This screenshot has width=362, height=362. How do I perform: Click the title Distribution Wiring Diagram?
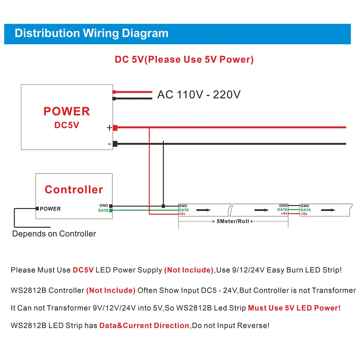click(x=91, y=33)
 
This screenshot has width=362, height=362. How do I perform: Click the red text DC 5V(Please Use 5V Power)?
click(x=184, y=60)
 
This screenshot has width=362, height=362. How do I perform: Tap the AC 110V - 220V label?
click(x=199, y=95)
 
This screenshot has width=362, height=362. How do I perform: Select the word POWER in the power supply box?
click(x=67, y=111)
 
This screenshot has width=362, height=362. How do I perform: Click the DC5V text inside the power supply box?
click(x=67, y=125)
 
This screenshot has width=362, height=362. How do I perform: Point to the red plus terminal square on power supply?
click(x=115, y=128)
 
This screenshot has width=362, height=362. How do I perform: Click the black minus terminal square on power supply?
click(x=115, y=144)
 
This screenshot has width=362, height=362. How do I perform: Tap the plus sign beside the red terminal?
click(x=109, y=128)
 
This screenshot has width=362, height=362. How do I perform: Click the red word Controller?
click(x=74, y=190)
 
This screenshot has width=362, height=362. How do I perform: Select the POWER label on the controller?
click(x=50, y=209)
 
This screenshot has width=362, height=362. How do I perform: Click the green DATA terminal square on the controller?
click(x=111, y=210)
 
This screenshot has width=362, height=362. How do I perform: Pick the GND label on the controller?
click(x=104, y=205)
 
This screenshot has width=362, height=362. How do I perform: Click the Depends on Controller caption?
click(x=54, y=234)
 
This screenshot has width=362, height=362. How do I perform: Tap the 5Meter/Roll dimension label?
click(x=233, y=221)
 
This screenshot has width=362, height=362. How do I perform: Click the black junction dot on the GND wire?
click(x=163, y=206)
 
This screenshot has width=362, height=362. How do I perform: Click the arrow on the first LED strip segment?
click(x=203, y=210)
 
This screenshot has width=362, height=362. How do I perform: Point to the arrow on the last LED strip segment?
click(x=328, y=210)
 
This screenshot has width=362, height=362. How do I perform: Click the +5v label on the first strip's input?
click(x=182, y=214)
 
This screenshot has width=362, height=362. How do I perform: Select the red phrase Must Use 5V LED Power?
click(x=294, y=308)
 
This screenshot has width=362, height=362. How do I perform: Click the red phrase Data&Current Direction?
click(x=144, y=325)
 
